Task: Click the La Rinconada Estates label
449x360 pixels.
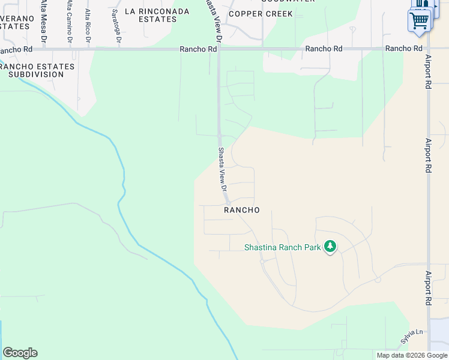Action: coord(151,15)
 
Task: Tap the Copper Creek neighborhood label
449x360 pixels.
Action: coord(261,14)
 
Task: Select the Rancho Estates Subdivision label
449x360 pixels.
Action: coord(32,70)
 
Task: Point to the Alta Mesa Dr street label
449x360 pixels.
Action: coord(44,21)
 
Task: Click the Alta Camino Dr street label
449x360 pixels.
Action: coord(69,21)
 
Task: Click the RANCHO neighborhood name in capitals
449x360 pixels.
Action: coord(242,210)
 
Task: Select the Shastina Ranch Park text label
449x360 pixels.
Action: coord(283,247)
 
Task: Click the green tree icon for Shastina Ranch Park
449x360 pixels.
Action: coord(330,247)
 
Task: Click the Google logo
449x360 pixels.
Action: coord(20,353)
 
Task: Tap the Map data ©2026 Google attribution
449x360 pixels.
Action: coord(412,355)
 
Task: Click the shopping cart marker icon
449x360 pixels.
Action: coord(420,21)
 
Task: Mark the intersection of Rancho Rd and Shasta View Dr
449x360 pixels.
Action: coord(218,49)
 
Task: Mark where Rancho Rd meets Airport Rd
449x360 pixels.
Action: coord(428,49)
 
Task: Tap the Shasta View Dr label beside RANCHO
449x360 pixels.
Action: coord(221,169)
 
